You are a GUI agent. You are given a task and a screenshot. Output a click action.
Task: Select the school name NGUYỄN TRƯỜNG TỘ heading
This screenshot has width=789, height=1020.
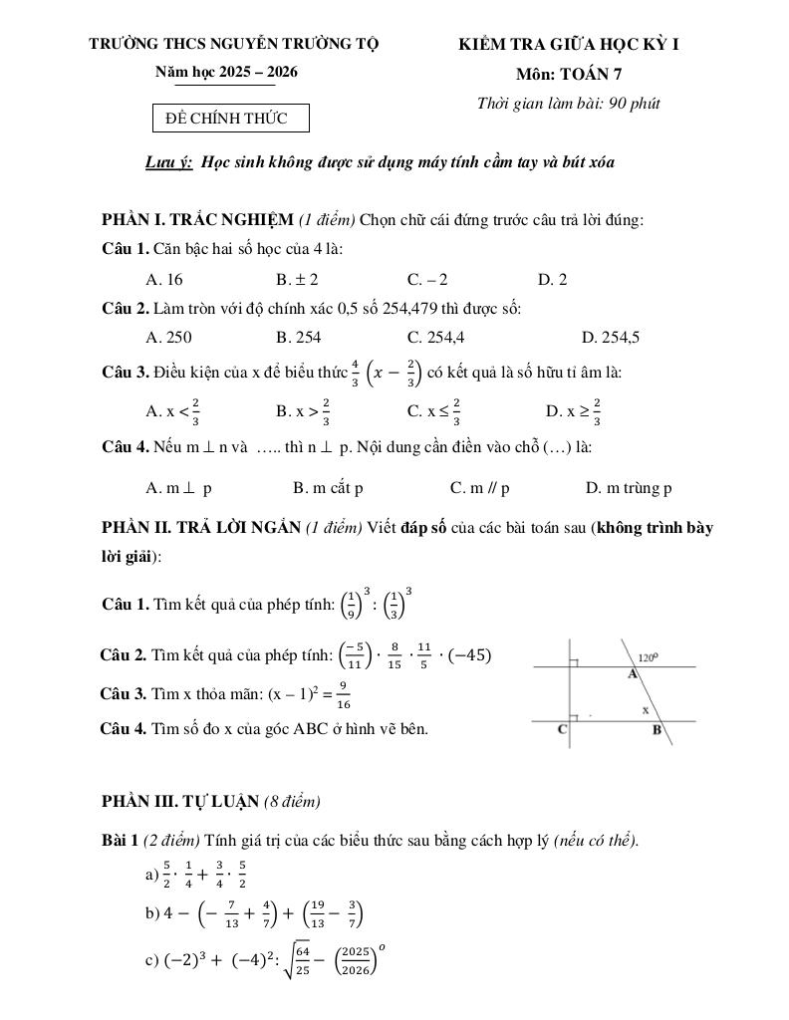[x=234, y=44]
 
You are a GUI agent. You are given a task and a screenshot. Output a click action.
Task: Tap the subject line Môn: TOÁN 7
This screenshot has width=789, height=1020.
[x=570, y=73]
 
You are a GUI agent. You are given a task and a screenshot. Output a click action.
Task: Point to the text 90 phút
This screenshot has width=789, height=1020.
[x=634, y=103]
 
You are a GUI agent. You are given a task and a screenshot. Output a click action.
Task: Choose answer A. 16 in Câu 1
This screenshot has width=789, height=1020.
[x=164, y=280]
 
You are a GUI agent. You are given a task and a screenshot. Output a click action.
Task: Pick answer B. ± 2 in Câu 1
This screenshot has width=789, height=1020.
[x=297, y=280]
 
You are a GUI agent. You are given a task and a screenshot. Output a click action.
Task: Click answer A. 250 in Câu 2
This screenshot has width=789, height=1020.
[x=168, y=337]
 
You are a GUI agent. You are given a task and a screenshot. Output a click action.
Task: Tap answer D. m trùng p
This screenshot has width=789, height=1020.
[x=629, y=488]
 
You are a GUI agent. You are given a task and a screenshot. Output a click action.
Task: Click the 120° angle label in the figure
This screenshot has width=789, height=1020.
[x=650, y=657]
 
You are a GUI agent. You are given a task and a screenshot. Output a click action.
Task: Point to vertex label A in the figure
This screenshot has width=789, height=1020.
[x=632, y=674]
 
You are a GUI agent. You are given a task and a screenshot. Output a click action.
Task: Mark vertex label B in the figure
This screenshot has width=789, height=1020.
[x=657, y=730]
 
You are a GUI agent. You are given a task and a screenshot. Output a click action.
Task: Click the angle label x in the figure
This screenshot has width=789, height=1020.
[x=645, y=710]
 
